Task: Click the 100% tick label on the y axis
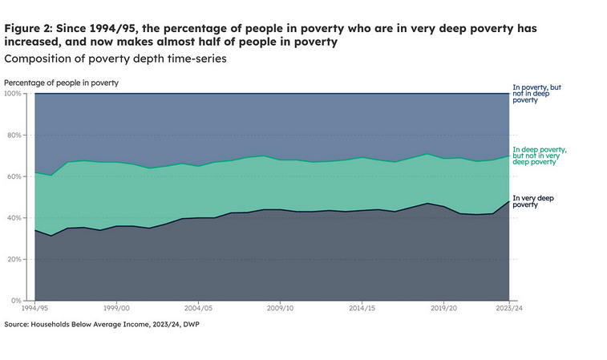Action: [15, 94]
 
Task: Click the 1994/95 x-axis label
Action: [34, 308]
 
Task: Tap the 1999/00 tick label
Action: [116, 308]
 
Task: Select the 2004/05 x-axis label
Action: [198, 308]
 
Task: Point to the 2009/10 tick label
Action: [280, 308]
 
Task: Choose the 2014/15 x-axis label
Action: [362, 308]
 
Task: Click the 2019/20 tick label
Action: [443, 308]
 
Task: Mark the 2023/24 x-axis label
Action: [508, 308]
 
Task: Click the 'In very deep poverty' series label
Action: [532, 201]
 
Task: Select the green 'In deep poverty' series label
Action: [540, 156]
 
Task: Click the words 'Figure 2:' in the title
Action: [28, 28]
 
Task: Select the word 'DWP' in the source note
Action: [185, 324]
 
